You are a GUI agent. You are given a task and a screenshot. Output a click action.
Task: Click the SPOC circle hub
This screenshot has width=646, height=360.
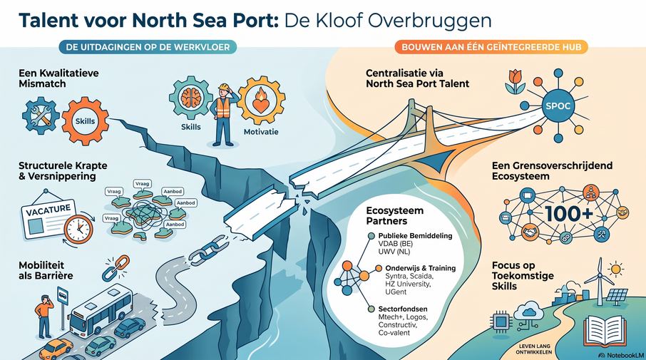click(558, 106)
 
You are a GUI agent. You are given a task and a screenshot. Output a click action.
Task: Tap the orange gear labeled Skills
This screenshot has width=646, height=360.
click(86, 121)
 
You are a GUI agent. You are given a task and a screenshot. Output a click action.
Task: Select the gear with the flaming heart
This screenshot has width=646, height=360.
click(261, 100)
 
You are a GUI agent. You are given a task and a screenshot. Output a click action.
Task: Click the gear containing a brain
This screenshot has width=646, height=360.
click(191, 98)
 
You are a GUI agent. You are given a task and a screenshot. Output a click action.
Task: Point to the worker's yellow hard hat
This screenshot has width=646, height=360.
click(224, 86)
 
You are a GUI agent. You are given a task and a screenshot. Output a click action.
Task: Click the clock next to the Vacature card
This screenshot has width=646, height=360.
click(78, 229)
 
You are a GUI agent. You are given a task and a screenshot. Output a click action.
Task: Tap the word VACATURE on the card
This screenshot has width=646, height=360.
click(48, 210)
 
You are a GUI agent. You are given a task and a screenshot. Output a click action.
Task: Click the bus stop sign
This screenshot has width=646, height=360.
click(63, 295)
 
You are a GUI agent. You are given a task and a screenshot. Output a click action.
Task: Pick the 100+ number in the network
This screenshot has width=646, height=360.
click(569, 213)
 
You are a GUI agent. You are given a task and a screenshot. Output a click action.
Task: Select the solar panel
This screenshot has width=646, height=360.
click(617, 297)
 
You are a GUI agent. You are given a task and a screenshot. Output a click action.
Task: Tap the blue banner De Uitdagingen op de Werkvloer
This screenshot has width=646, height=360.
click(148, 47)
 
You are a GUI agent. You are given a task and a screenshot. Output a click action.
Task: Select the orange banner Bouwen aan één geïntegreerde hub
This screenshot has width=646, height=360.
click(491, 47)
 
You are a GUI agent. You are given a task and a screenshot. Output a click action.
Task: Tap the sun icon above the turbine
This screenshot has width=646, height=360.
click(615, 269)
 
